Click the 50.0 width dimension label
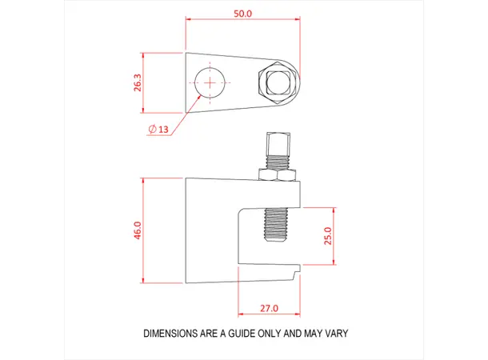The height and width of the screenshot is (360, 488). [242, 14]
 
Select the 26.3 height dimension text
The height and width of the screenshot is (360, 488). [138, 82]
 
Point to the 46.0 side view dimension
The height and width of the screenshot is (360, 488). [138, 230]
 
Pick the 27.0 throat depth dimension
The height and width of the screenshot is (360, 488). [269, 307]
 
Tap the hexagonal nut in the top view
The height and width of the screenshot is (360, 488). [279, 83]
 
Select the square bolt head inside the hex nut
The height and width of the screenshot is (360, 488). [279, 83]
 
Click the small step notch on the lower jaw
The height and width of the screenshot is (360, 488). [298, 276]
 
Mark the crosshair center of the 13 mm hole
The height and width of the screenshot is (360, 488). [210, 82]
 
